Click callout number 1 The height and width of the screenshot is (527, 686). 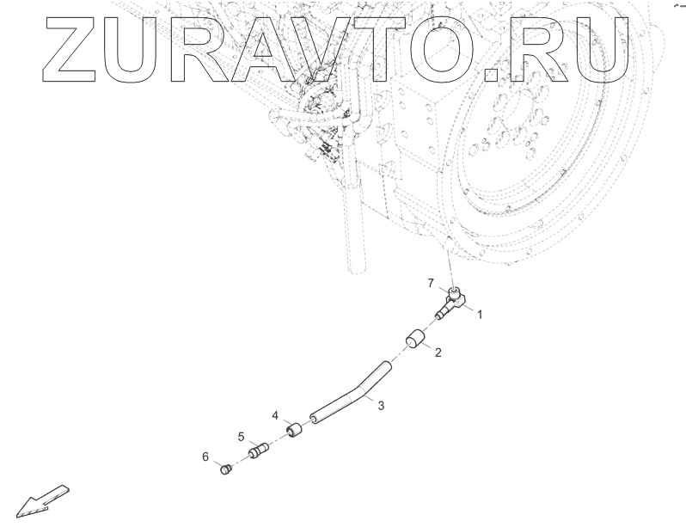pos(479,315)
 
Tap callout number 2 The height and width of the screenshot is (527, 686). pos(438,352)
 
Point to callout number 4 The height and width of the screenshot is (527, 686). pos(276,415)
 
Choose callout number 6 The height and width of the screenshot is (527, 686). pos(206,457)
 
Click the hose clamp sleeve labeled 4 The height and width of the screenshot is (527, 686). pos(295,427)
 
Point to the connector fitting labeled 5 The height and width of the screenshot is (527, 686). pos(258,450)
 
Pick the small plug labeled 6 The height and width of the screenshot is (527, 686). pos(227,469)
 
